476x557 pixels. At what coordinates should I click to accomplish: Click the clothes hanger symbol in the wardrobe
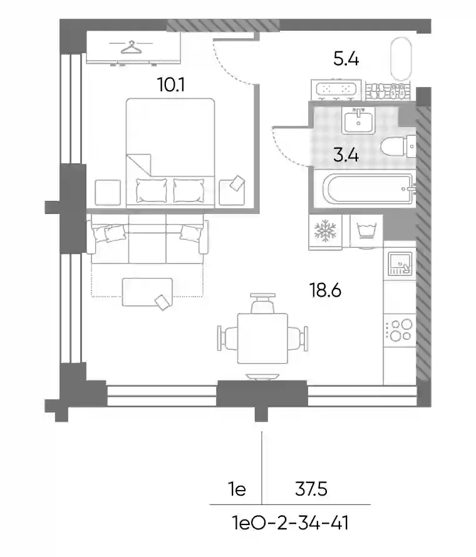click(x=131, y=47)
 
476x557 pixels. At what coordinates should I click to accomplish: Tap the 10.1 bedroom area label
click(x=170, y=84)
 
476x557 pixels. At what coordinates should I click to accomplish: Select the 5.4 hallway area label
click(x=346, y=59)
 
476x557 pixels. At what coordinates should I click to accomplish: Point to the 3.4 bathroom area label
click(x=346, y=155)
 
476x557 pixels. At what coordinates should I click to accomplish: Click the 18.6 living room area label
click(x=325, y=290)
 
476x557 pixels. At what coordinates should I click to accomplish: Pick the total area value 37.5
click(x=311, y=489)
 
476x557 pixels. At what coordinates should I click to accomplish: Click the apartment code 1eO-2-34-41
click(x=290, y=523)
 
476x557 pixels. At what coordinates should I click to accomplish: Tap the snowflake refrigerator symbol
click(x=325, y=230)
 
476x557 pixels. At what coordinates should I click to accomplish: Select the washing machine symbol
click(x=366, y=231)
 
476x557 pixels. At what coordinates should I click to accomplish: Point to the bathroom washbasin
click(x=358, y=120)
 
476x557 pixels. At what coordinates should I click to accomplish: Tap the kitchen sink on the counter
click(x=400, y=263)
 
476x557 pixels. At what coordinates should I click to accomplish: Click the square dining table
click(x=262, y=338)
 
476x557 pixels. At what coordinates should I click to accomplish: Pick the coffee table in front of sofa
click(x=147, y=292)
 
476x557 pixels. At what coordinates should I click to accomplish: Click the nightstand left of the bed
click(x=108, y=192)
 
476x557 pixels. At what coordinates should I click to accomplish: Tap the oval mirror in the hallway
click(x=401, y=59)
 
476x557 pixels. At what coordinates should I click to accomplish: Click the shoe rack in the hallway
click(x=388, y=91)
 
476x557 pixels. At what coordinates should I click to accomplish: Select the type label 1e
click(x=237, y=489)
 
